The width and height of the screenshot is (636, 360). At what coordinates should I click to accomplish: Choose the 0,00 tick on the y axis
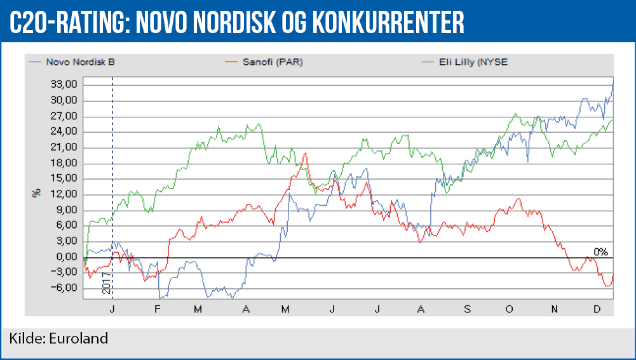(x=65, y=257)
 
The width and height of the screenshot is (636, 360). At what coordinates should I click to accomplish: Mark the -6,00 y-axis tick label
(x=64, y=288)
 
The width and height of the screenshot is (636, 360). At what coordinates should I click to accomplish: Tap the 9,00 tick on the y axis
(x=65, y=210)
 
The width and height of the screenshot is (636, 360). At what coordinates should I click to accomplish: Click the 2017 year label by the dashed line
(x=107, y=283)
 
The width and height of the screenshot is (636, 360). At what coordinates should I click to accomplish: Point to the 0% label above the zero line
(x=600, y=251)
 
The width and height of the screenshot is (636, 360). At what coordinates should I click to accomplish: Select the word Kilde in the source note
(x=24, y=338)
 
